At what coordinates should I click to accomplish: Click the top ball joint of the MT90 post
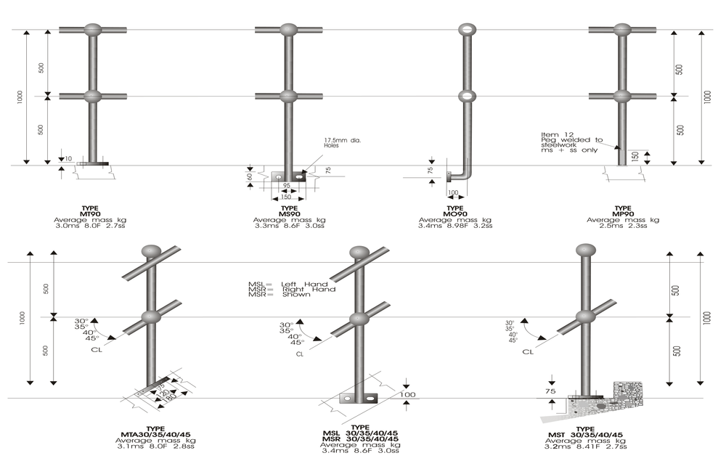coord(93,30)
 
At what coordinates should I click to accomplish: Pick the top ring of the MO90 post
coord(466,30)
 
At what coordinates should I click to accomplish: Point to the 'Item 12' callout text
coord(555,134)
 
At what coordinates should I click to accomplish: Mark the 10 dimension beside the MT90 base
coord(68,158)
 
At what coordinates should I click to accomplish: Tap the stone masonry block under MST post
coord(624,396)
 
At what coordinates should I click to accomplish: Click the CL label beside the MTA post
coord(96,349)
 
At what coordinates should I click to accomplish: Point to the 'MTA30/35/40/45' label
coord(155,434)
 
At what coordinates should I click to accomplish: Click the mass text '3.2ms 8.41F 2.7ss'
coord(585,447)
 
